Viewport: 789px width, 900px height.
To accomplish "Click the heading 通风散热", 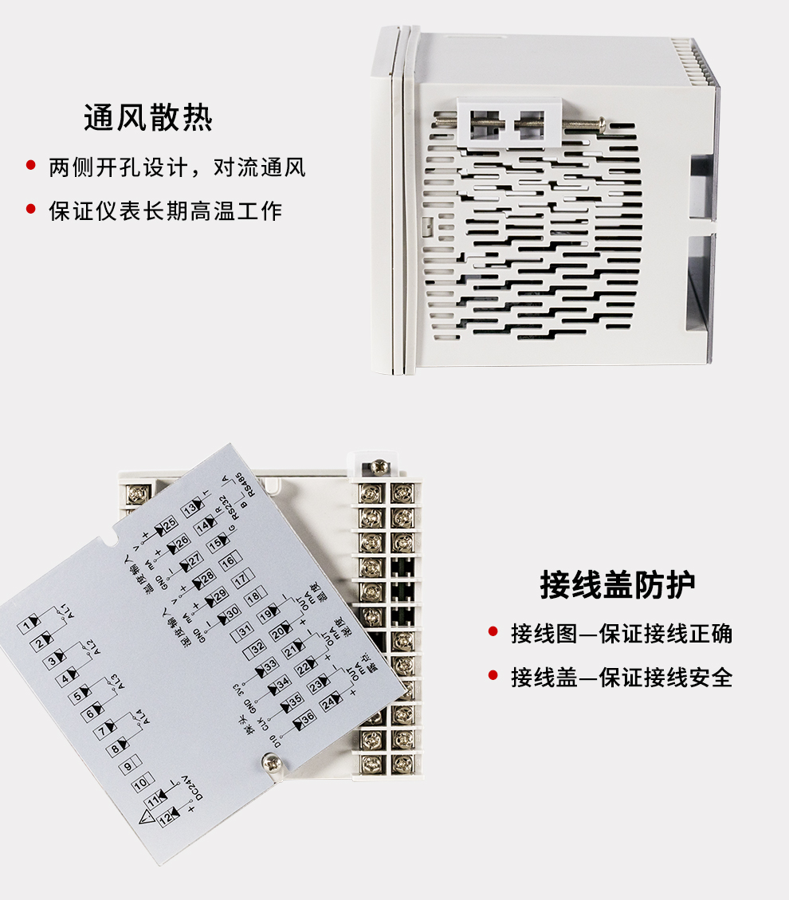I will tap(148, 118).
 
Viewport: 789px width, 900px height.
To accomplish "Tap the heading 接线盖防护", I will tap(618, 584).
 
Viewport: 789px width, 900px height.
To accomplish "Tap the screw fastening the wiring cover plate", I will tap(271, 763).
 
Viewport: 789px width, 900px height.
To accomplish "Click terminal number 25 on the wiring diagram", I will tap(168, 525).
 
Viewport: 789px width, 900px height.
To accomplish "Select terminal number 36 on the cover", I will tap(307, 717).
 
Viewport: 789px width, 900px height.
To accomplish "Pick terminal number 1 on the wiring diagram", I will tap(29, 623).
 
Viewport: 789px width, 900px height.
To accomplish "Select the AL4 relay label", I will tap(139, 717).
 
